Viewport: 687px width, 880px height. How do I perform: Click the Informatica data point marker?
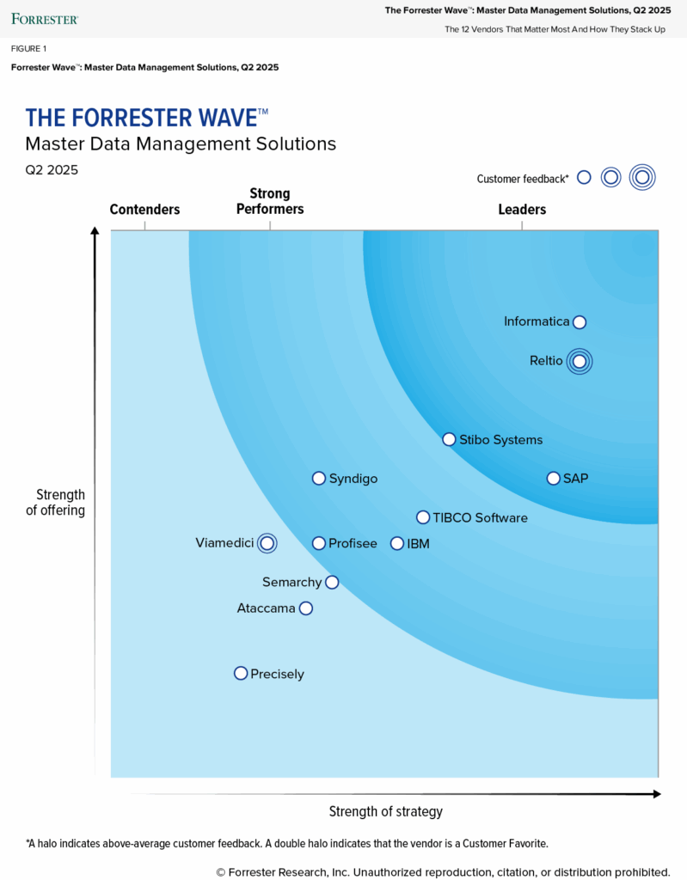(x=580, y=322)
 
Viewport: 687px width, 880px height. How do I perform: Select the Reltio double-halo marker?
(x=580, y=362)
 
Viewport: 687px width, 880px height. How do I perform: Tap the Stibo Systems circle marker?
(x=449, y=439)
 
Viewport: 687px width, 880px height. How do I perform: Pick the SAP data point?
(x=554, y=478)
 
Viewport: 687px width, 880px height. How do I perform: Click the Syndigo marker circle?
(x=319, y=478)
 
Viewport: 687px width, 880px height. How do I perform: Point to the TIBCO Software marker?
(x=423, y=517)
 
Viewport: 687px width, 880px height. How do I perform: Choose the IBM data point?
(x=397, y=543)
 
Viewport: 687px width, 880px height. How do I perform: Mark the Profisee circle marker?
(x=319, y=543)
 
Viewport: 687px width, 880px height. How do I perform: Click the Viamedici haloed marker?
(x=267, y=543)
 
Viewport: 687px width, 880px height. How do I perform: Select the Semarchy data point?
(x=332, y=583)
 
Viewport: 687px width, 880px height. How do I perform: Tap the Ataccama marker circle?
(x=306, y=608)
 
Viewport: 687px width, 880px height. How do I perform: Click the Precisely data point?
(x=241, y=674)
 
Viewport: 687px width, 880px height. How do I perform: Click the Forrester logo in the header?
(x=45, y=18)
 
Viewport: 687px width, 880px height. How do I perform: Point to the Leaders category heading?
(x=522, y=210)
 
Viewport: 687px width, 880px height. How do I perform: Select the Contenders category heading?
(x=144, y=210)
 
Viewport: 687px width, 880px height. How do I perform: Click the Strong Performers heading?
(x=270, y=201)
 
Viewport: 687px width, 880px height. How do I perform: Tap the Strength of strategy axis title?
(x=386, y=811)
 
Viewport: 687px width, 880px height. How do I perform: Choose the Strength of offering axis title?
(x=60, y=503)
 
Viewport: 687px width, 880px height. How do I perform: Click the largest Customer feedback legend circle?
(x=641, y=178)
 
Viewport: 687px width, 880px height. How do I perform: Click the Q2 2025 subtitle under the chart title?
(x=52, y=169)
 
